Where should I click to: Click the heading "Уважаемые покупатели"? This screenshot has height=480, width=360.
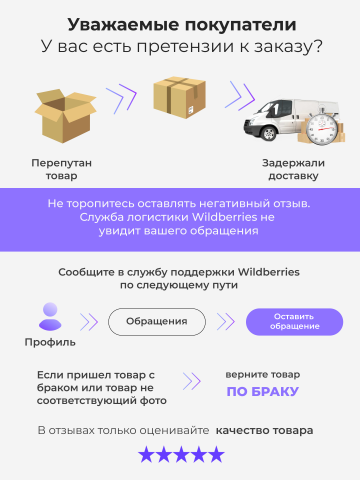coord(180,25)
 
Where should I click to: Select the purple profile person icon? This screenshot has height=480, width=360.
coord(48,317)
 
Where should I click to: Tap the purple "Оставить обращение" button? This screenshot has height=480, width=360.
coord(294,322)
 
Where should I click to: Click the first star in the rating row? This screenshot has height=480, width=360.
coord(146,455)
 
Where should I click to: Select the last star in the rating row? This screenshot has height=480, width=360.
coord(215,455)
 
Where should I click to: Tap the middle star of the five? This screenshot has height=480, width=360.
coord(181,455)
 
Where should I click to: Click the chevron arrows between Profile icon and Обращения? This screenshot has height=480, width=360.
coord(89,322)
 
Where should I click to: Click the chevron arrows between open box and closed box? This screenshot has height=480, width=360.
coord(121,97)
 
